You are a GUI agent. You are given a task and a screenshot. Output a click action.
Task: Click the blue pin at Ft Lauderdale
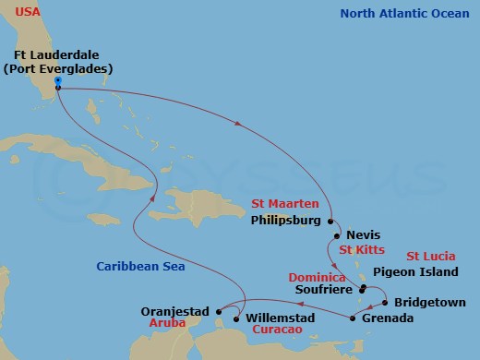[57, 82]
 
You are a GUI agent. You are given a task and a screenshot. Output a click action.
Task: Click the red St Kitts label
[361, 250]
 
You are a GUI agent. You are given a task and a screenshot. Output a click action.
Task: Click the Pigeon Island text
[415, 272]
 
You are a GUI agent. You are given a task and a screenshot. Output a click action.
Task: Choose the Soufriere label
[320, 289]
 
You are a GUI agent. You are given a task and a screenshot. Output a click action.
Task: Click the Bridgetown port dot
[384, 302]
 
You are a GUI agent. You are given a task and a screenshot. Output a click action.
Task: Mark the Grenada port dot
[354, 318]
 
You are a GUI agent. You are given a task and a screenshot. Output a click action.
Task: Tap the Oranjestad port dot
[218, 311]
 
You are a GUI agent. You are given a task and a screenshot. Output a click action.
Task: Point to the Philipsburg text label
[285, 221]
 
